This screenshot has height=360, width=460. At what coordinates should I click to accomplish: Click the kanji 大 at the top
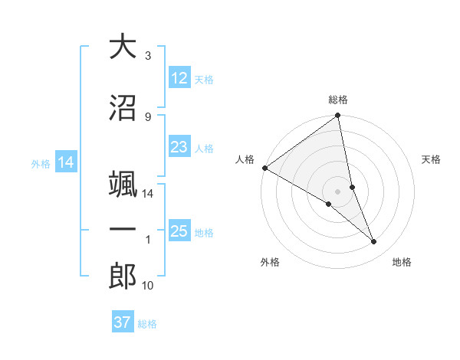123,47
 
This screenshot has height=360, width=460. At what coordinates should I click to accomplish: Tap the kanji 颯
123,182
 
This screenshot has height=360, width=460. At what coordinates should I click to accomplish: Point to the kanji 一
123,229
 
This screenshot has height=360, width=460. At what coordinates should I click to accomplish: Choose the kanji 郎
123,276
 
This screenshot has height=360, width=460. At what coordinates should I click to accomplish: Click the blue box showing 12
179,79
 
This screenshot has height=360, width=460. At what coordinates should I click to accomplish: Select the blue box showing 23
179,148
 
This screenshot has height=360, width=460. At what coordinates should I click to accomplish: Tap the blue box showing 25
179,231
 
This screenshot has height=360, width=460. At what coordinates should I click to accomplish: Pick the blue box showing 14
65,162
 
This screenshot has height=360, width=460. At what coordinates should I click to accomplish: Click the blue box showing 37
123,322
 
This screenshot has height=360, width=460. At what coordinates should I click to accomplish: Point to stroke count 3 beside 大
148,56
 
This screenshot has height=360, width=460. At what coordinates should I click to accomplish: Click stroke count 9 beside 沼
148,117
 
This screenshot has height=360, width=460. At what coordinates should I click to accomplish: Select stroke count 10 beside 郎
148,286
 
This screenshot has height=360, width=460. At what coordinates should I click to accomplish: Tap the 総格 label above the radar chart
338,100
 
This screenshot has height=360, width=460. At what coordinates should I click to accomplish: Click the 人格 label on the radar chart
245,159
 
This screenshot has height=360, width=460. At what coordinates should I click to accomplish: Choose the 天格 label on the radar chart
431,159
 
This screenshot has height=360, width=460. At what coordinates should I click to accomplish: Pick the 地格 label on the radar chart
402,262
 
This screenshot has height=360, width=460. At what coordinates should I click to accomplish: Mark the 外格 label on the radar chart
270,262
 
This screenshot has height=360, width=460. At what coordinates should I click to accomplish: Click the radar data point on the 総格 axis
338,116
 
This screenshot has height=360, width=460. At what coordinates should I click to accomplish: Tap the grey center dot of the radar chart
338,191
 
